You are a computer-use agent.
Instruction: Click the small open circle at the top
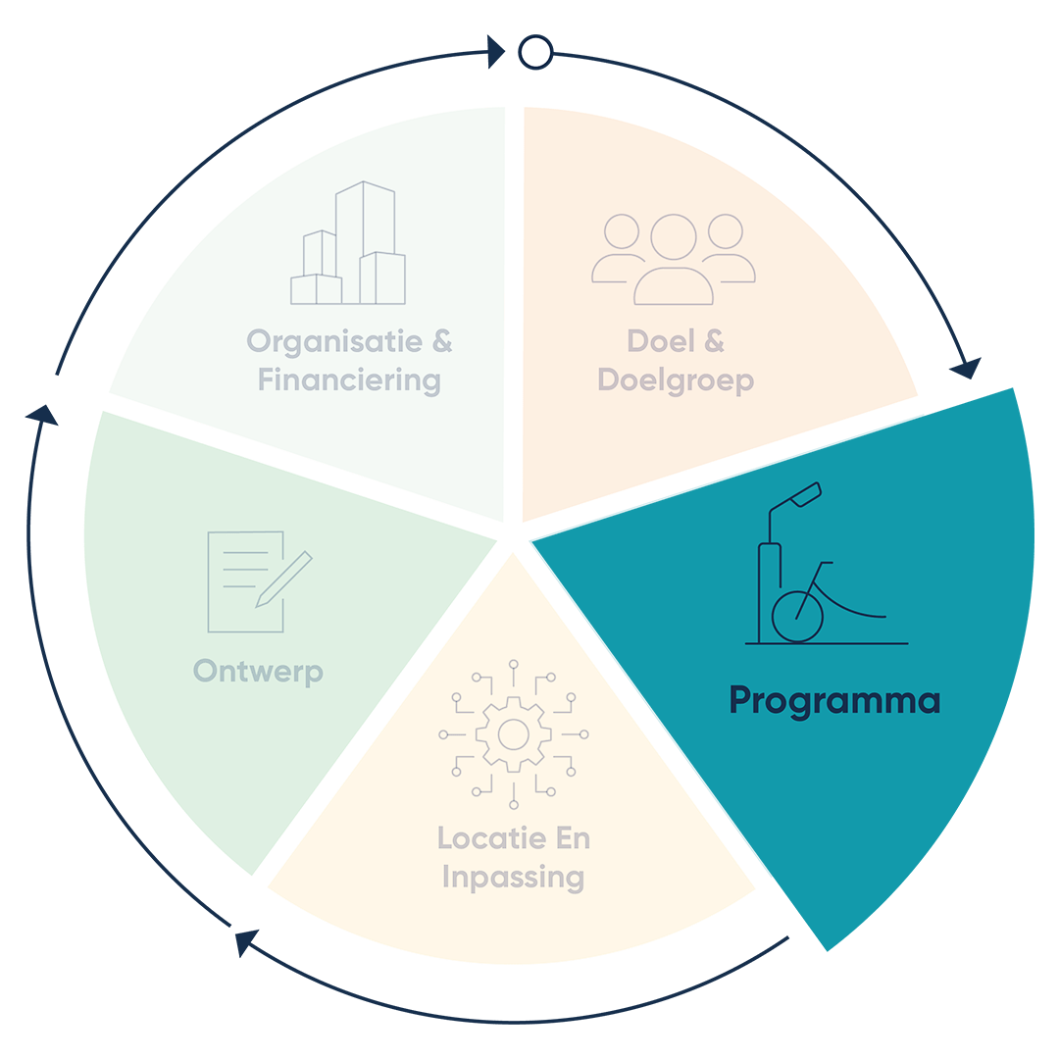tap(535, 52)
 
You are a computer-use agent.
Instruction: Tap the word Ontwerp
tap(258, 673)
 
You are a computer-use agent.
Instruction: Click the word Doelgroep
tap(676, 380)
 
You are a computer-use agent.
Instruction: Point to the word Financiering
tap(349, 380)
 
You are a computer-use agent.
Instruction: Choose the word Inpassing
tap(513, 878)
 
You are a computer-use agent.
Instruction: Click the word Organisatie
tap(334, 342)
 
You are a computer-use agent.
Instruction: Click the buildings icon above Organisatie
tap(348, 242)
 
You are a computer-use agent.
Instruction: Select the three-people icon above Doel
tap(674, 259)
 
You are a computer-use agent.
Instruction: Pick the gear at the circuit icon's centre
tap(513, 734)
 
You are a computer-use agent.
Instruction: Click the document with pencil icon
tap(260, 581)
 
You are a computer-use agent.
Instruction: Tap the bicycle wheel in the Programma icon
tap(797, 617)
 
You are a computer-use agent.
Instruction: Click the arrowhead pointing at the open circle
tap(496, 52)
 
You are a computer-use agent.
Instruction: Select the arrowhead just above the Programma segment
tap(967, 369)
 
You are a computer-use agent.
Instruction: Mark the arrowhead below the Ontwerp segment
tap(246, 941)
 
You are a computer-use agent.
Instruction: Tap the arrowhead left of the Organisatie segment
tap(42, 415)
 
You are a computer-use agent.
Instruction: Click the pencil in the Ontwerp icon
tap(283, 580)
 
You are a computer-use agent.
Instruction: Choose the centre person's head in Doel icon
tap(674, 237)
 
